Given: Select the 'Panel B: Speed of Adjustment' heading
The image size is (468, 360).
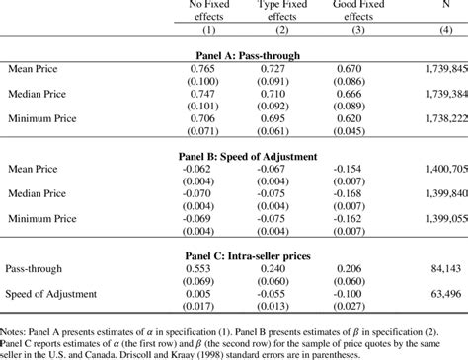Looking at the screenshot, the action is tap(256, 157).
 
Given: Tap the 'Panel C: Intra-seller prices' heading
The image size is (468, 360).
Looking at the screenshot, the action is tap(256, 254).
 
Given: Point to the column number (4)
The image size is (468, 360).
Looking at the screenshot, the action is tap(441, 30).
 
